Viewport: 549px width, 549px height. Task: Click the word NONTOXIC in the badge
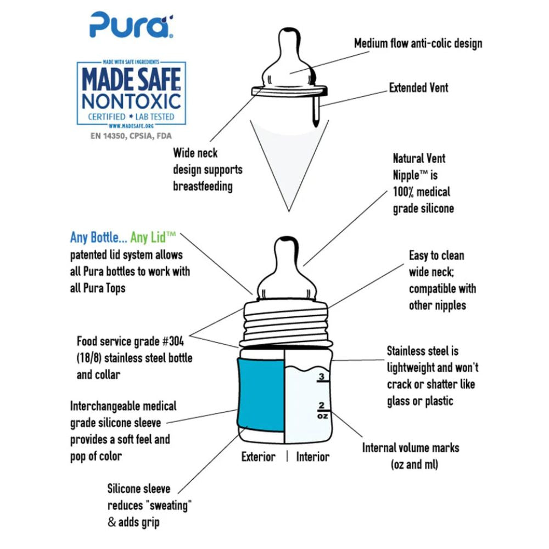click(x=131, y=101)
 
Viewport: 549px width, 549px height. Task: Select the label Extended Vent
click(x=418, y=88)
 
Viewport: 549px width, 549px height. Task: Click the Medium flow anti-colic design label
click(x=418, y=43)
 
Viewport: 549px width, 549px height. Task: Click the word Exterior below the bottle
click(x=259, y=457)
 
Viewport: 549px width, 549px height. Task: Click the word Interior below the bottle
click(x=313, y=457)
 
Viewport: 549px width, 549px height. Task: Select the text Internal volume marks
click(x=411, y=447)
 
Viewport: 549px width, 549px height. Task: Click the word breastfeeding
click(x=203, y=186)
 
